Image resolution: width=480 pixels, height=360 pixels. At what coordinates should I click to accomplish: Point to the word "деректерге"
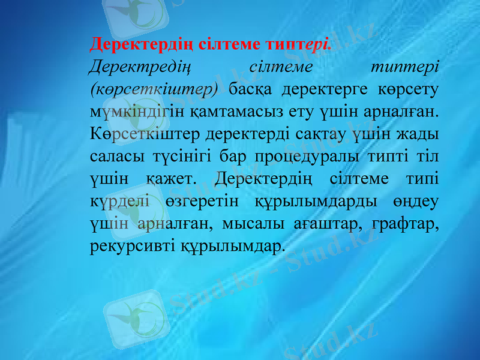pyautogui.click(x=323, y=89)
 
